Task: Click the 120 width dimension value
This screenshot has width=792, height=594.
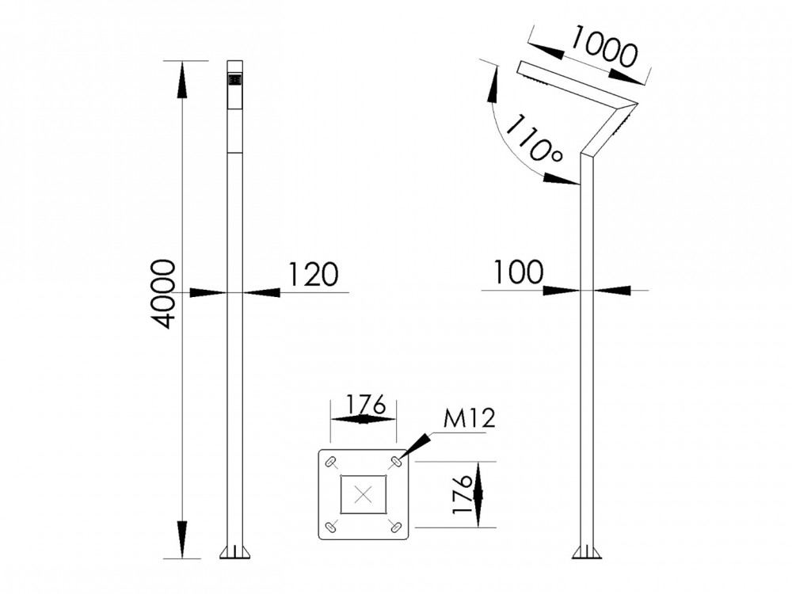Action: (312, 274)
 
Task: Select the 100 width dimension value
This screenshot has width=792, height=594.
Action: (519, 272)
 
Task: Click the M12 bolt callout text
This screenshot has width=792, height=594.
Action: (469, 419)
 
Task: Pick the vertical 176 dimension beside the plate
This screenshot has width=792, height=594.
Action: (465, 495)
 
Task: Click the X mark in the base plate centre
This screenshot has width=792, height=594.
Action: (363, 495)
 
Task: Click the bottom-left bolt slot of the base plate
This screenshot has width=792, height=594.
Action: (330, 527)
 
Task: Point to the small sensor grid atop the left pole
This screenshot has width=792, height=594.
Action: (234, 80)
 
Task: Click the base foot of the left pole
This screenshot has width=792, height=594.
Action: (234, 552)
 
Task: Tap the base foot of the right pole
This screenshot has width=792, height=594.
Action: (586, 552)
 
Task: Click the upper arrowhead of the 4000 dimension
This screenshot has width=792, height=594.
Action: (182, 79)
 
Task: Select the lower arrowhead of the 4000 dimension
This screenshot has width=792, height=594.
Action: (182, 539)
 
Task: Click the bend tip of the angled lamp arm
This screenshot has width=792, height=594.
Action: (635, 104)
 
